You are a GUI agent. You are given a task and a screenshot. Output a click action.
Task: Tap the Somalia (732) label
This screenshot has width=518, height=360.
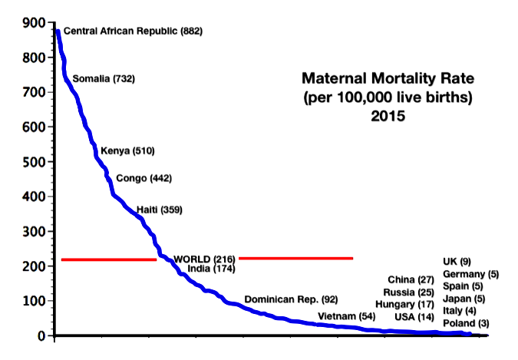click(x=104, y=79)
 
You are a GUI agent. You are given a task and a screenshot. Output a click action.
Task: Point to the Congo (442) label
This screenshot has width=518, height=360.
click(x=144, y=179)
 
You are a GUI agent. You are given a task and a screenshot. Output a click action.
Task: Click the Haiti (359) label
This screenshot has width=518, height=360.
click(x=160, y=210)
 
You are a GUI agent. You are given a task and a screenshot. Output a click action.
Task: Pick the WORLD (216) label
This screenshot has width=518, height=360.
click(x=204, y=259)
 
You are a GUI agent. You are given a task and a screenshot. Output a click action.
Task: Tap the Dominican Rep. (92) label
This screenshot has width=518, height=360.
click(x=291, y=299)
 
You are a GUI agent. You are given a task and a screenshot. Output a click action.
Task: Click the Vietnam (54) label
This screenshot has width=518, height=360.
click(x=345, y=316)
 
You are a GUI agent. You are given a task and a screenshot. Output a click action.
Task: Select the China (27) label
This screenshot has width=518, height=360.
click(x=412, y=279)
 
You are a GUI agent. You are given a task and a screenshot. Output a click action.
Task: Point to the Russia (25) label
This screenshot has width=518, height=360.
click(x=410, y=292)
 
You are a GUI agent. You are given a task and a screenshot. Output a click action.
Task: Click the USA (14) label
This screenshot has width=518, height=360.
click(x=414, y=317)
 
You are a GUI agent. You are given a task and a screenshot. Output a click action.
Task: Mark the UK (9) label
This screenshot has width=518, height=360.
click(x=457, y=262)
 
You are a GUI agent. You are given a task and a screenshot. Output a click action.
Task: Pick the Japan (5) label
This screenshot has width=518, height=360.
click(x=464, y=299)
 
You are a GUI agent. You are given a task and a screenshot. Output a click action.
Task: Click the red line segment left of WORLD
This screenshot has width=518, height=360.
click(x=108, y=259)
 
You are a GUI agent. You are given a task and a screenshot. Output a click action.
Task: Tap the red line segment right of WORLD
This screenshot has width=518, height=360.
click(x=295, y=258)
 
